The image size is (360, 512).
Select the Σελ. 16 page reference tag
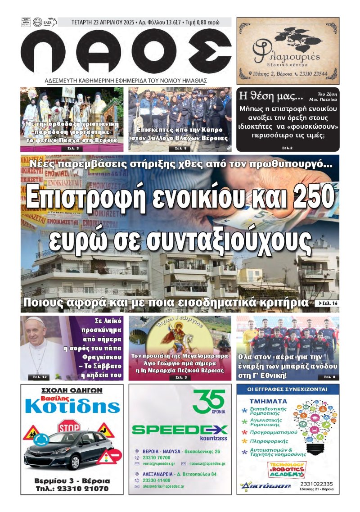coord(327,304)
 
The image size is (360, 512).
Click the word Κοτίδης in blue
coord(72,406)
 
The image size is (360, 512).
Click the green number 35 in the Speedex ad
coord(209,400)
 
